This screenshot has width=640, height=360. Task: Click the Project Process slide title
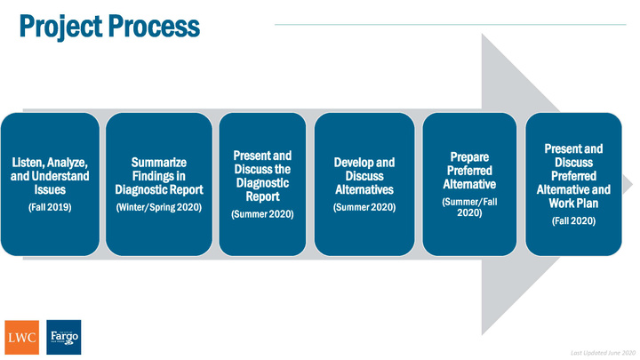109,27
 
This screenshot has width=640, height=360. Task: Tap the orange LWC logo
22,337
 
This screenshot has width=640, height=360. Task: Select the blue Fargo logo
64,337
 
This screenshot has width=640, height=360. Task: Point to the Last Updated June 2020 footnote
603,353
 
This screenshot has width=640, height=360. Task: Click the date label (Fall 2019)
50,207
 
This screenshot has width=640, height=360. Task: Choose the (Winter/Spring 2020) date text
159,207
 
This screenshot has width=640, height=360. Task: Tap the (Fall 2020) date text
573,220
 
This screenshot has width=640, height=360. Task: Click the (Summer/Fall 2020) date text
469,207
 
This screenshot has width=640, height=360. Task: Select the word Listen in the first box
27,163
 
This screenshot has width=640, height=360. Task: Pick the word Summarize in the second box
159,163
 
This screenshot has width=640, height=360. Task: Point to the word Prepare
469,157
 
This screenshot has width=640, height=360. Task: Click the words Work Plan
573,204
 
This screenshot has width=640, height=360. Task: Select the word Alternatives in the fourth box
364,190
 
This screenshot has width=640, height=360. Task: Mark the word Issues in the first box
50,190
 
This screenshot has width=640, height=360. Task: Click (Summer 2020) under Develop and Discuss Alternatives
364,207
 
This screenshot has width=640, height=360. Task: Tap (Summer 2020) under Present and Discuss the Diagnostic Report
262,214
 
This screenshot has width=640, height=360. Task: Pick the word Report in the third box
262,196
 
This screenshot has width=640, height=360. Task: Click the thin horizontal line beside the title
450,25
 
